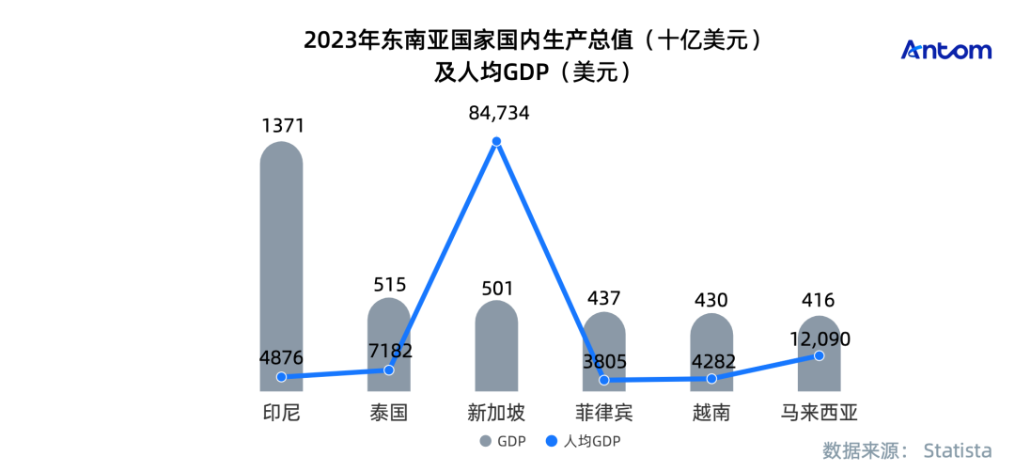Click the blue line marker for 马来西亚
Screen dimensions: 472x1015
pos(819,355)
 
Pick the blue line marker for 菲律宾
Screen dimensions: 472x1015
pos(604,381)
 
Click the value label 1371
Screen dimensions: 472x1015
pos(281,126)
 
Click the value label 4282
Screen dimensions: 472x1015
pos(711,360)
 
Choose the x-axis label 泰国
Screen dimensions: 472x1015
pos(388,412)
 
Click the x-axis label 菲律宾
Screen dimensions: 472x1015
pos(604,412)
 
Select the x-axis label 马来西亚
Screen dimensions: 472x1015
pos(819,412)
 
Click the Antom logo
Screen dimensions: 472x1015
pos(945,51)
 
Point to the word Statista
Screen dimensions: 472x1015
pos(958,448)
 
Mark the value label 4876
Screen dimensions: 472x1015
pos(281,358)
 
